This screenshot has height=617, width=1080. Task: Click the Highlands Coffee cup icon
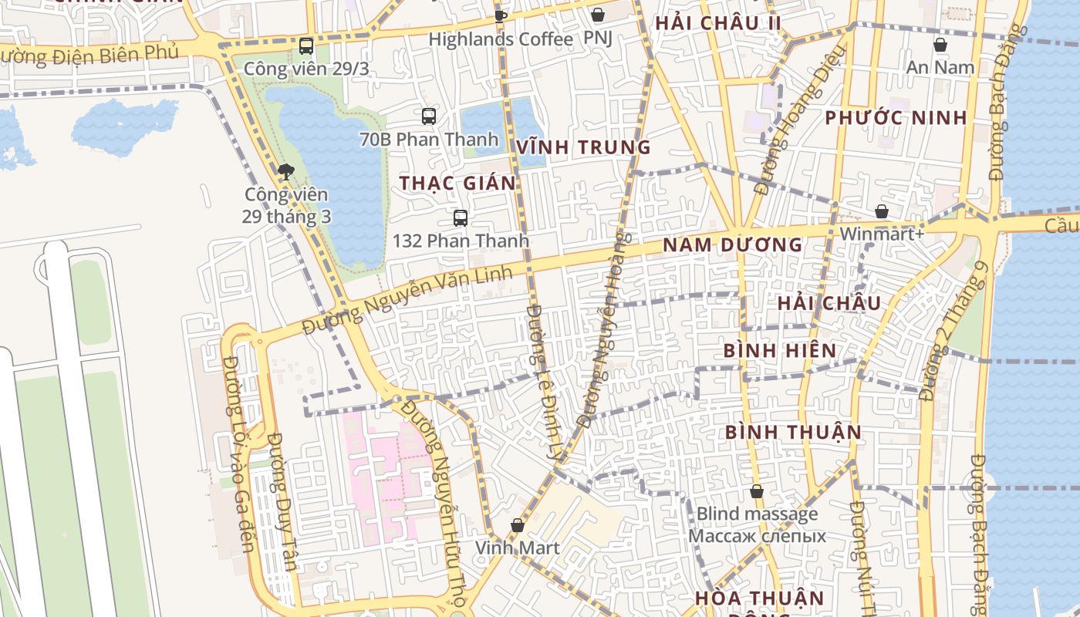pyautogui.click(x=500, y=15)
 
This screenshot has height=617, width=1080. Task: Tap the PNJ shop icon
pyautogui.click(x=597, y=15)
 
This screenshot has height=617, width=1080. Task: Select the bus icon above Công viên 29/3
pyautogui.click(x=306, y=46)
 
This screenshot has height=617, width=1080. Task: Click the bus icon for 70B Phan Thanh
pyautogui.click(x=429, y=116)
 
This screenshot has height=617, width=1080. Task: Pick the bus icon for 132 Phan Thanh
pyautogui.click(x=461, y=217)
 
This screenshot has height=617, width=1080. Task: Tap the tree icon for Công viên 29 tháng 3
pyautogui.click(x=286, y=171)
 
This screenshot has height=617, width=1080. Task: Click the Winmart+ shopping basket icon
pyautogui.click(x=881, y=211)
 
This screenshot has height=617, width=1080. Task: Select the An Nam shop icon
pyautogui.click(x=940, y=45)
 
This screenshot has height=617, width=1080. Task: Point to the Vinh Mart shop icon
pyautogui.click(x=517, y=525)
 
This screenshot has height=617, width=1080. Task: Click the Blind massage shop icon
pyautogui.click(x=757, y=491)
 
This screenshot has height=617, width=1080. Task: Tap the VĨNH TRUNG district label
pyautogui.click(x=583, y=147)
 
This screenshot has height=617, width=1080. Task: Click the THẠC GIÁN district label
pyautogui.click(x=457, y=183)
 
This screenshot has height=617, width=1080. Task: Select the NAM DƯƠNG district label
pyautogui.click(x=733, y=245)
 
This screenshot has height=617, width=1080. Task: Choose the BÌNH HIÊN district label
pyautogui.click(x=780, y=351)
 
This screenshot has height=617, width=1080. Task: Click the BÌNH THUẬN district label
pyautogui.click(x=793, y=432)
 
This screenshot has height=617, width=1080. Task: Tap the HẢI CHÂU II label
pyautogui.click(x=718, y=23)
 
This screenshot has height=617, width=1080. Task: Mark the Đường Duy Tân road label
pyautogui.click(x=282, y=501)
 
